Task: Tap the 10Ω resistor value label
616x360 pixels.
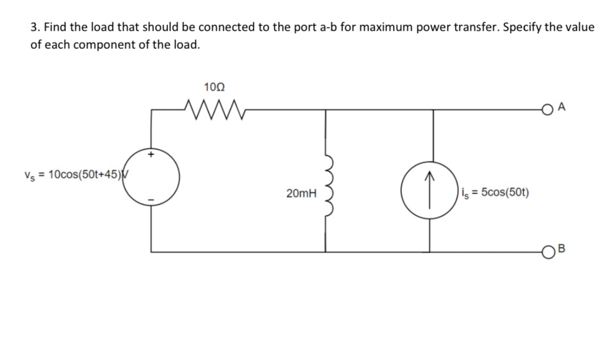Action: (213, 87)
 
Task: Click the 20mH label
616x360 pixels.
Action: (301, 194)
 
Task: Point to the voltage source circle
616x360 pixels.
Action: (152, 175)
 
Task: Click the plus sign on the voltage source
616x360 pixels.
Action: (152, 153)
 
